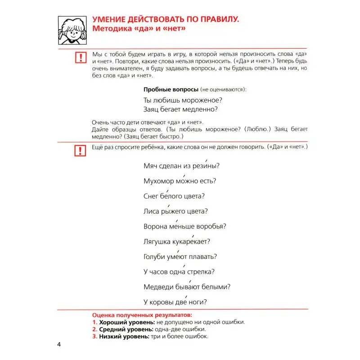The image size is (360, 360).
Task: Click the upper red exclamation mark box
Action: [x=80, y=57]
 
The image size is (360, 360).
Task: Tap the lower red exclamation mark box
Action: [x=80, y=151]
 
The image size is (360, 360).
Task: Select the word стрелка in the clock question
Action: [x=199, y=272]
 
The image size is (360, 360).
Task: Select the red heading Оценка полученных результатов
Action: [x=141, y=315]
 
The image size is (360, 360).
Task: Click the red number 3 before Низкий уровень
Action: [x=94, y=336]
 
